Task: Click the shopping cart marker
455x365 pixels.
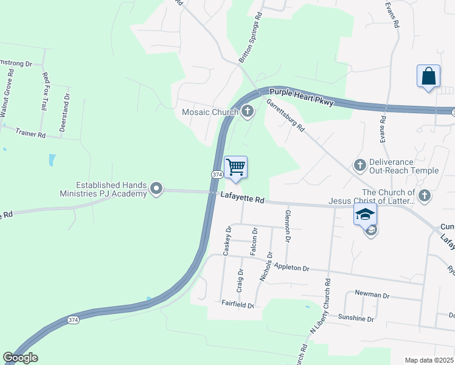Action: pos(235,167)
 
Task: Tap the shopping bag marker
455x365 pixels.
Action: pos(429,77)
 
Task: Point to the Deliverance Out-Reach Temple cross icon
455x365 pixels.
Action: pos(359,165)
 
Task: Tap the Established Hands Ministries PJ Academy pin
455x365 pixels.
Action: pos(157,189)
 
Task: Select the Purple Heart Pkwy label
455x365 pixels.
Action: pos(302,97)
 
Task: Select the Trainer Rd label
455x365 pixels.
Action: pos(31,133)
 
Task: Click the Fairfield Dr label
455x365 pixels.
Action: pos(237,303)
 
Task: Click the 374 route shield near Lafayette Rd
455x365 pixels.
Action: pos(217,175)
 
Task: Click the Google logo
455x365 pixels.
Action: pos(20,358)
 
